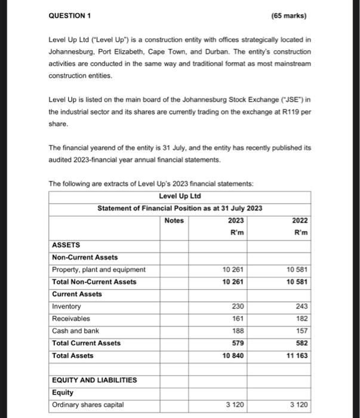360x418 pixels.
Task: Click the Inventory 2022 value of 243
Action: click(302, 306)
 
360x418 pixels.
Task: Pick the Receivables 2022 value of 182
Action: click(302, 319)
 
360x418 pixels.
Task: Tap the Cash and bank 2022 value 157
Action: click(302, 331)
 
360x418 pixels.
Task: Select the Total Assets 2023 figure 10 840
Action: click(233, 355)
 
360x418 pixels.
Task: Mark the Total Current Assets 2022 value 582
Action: click(302, 343)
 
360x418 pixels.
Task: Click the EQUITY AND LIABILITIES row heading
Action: click(94, 380)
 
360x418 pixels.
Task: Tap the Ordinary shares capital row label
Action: click(87, 405)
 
